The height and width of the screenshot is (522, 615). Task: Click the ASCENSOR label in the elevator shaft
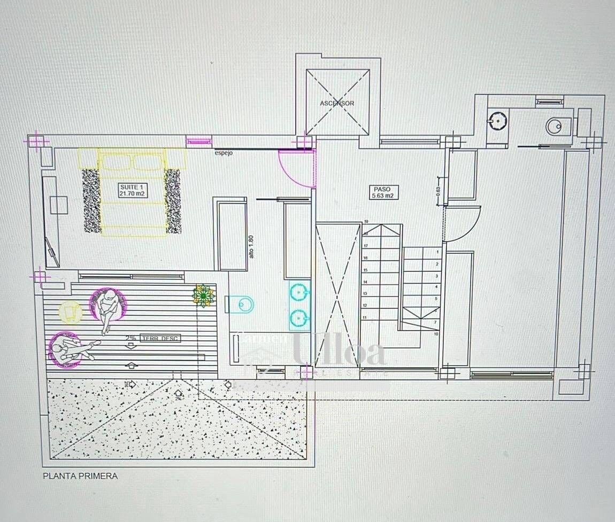pos(337,103)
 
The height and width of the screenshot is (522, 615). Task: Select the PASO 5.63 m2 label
pos(383,192)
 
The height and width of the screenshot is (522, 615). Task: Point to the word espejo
pos(224,154)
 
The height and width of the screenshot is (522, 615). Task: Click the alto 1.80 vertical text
pos(251,247)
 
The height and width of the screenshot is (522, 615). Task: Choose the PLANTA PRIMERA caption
pos(80,476)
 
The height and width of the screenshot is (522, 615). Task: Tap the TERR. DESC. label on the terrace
pos(160,338)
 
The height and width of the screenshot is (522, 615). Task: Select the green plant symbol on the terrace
pos(203,295)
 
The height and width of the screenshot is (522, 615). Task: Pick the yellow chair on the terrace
pos(70,312)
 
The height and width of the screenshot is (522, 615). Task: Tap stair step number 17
pos(366,246)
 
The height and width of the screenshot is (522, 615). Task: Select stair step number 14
pos(366,282)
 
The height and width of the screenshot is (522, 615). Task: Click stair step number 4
pos(437,287)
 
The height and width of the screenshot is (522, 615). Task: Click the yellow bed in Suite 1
pos(132,192)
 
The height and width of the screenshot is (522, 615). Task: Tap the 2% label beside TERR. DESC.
pos(130,338)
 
